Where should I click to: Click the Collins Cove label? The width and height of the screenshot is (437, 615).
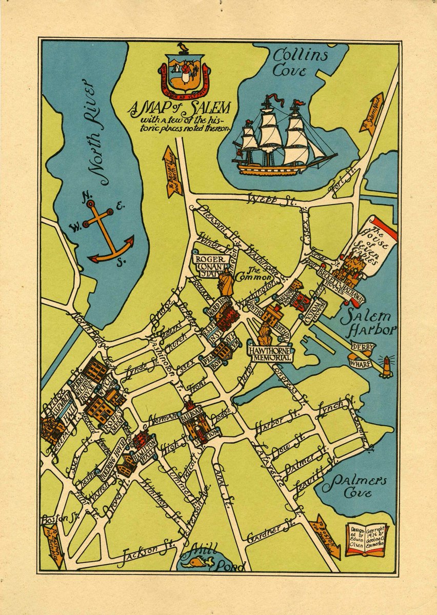coord(300,63)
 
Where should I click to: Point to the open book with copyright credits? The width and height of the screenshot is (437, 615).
coord(366,540)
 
